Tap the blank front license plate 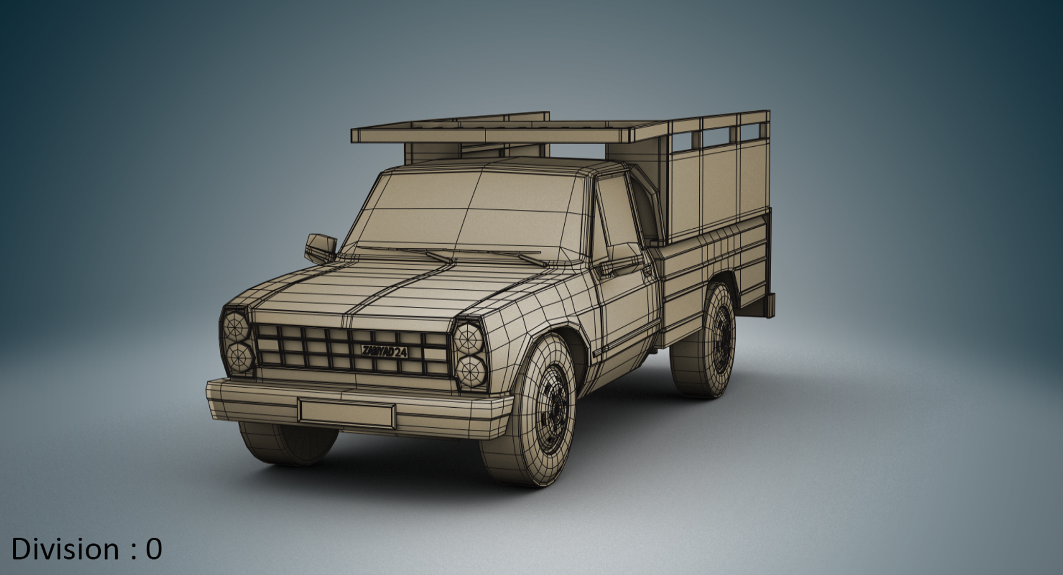pos(347,412)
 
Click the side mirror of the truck pos(321,248)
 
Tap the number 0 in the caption pos(153,549)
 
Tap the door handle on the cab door pos(646,269)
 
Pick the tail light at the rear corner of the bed pos(770,306)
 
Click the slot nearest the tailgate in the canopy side pos(750,131)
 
